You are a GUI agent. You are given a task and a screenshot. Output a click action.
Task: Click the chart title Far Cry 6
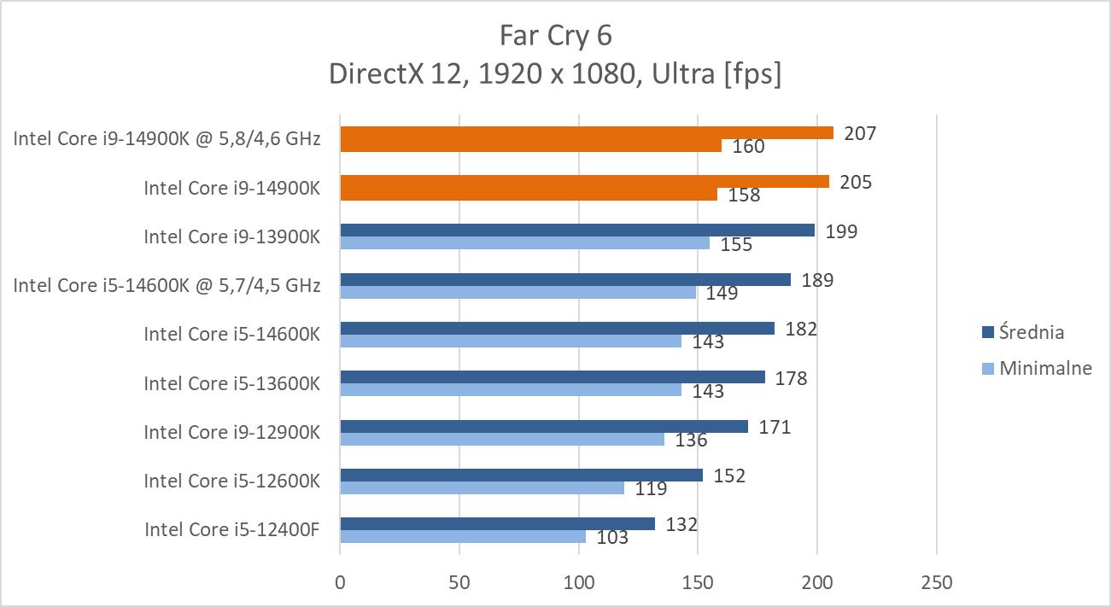(555, 36)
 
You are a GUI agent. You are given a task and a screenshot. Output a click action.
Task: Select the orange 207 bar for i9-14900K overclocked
(586, 132)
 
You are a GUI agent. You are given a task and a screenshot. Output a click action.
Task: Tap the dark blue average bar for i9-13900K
(577, 231)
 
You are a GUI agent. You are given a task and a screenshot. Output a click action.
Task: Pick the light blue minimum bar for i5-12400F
(463, 536)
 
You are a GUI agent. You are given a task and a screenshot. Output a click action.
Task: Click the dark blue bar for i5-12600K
(521, 475)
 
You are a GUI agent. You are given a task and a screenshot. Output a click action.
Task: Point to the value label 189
(817, 280)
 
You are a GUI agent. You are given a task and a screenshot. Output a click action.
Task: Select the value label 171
(775, 426)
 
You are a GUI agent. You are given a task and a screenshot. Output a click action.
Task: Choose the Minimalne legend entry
(1037, 368)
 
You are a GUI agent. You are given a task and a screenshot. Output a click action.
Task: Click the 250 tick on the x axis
(937, 583)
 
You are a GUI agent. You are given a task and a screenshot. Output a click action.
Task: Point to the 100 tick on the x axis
(579, 583)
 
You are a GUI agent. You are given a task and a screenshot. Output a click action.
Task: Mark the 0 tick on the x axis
(341, 583)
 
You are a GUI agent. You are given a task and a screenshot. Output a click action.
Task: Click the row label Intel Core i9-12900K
(231, 432)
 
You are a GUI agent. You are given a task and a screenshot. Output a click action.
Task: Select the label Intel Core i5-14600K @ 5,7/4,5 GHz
(167, 285)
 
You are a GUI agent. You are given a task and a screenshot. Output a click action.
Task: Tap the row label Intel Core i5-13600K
(231, 383)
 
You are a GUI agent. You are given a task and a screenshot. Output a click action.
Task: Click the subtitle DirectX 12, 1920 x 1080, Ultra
(555, 74)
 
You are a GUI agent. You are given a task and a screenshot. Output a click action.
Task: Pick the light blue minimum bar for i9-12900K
(502, 439)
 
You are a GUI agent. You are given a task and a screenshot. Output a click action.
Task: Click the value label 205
(855, 182)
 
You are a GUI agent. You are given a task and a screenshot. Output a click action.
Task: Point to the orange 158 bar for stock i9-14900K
(529, 194)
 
